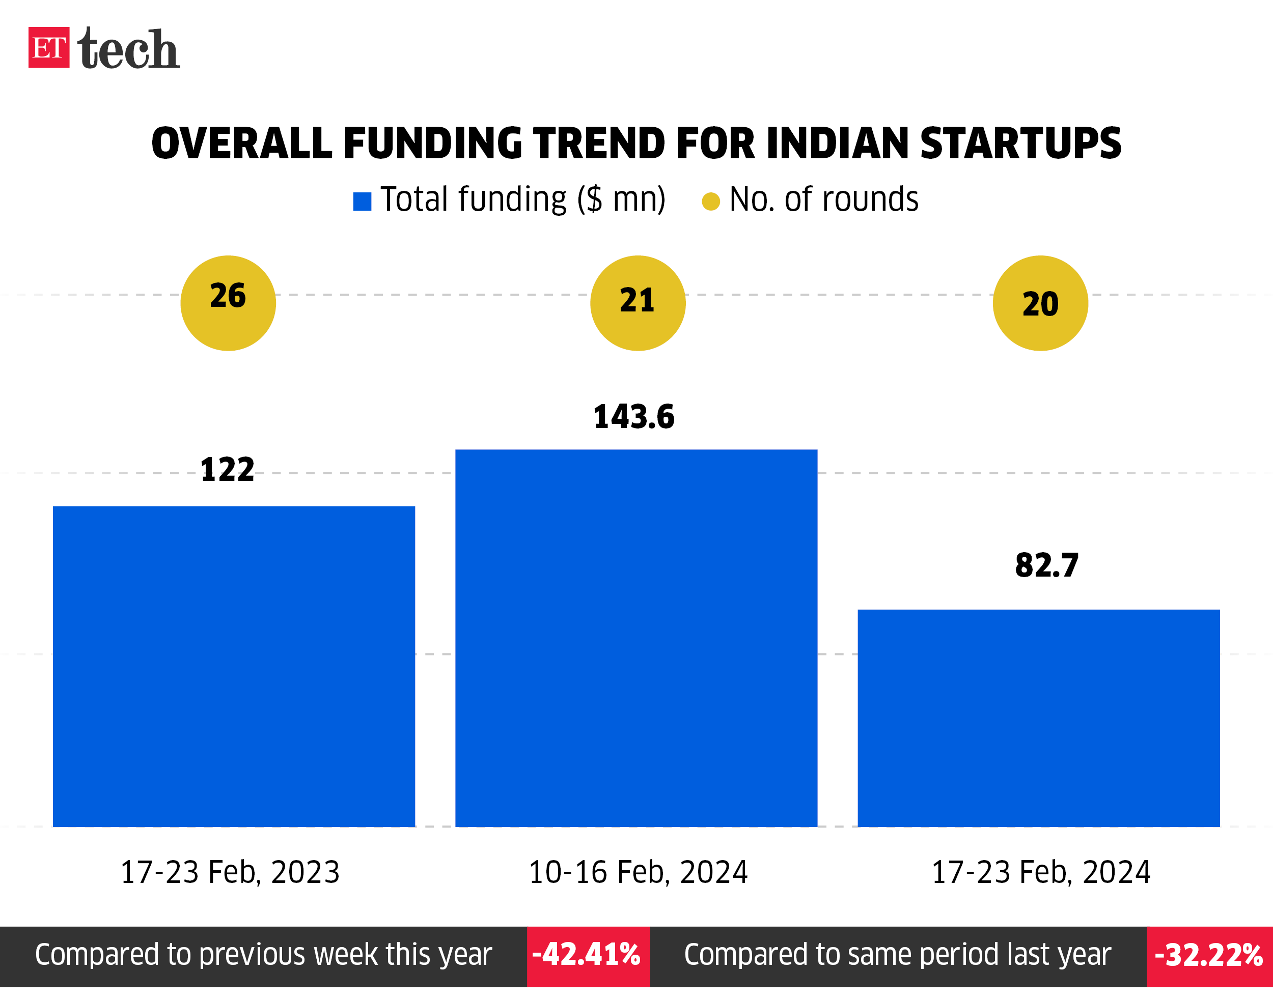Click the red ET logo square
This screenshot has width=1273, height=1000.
[48, 47]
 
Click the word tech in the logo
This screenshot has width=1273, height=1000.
[128, 49]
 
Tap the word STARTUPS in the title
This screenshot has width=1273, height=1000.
[1020, 144]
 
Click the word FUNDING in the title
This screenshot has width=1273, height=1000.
[432, 144]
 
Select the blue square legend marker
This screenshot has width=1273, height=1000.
[362, 202]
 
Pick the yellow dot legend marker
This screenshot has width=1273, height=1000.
[711, 202]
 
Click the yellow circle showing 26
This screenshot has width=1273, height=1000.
[228, 303]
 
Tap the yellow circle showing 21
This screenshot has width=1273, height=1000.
[638, 303]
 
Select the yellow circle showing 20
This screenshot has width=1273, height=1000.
[1040, 303]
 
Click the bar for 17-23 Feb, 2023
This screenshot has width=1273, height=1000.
[234, 666]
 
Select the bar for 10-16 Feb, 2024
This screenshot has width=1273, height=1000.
[636, 638]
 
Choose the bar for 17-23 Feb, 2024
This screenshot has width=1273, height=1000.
[1039, 718]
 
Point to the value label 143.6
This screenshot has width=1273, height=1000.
[634, 417]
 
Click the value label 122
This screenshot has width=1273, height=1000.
[227, 470]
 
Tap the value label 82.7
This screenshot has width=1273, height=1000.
[1046, 565]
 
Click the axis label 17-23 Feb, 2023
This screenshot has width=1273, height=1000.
[230, 872]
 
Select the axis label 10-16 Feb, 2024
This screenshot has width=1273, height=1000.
[638, 872]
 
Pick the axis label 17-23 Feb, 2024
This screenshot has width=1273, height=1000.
[1040, 872]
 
